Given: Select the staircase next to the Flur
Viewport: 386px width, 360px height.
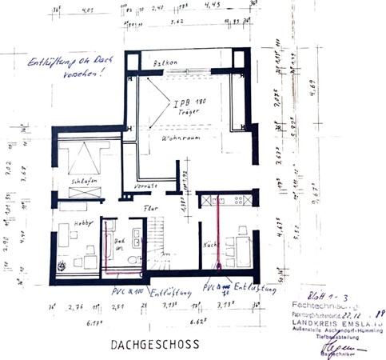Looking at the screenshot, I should [167, 252].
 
